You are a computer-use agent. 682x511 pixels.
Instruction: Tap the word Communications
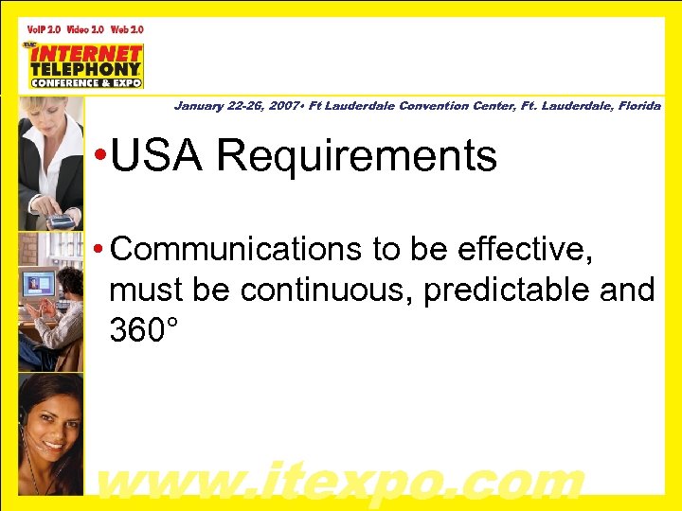click(236, 249)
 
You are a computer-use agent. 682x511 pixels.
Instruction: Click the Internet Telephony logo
click(85, 65)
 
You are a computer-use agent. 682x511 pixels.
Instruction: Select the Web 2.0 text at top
click(127, 29)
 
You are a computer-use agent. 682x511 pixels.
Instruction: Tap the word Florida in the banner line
click(638, 106)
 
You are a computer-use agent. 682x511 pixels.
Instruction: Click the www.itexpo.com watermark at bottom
click(341, 481)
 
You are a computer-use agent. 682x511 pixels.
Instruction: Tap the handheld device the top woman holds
click(61, 220)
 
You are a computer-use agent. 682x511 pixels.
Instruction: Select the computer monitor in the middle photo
click(39, 283)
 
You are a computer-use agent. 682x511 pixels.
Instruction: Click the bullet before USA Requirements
click(99, 157)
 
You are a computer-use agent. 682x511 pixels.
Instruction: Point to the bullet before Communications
click(99, 250)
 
